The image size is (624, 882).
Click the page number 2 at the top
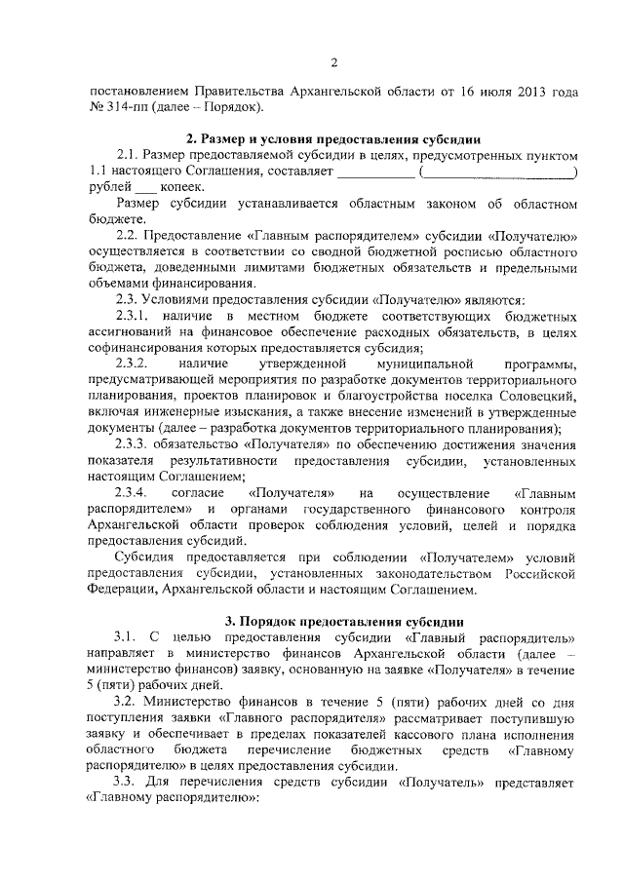[x=333, y=64]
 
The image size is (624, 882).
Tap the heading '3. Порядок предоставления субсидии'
[x=333, y=621]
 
